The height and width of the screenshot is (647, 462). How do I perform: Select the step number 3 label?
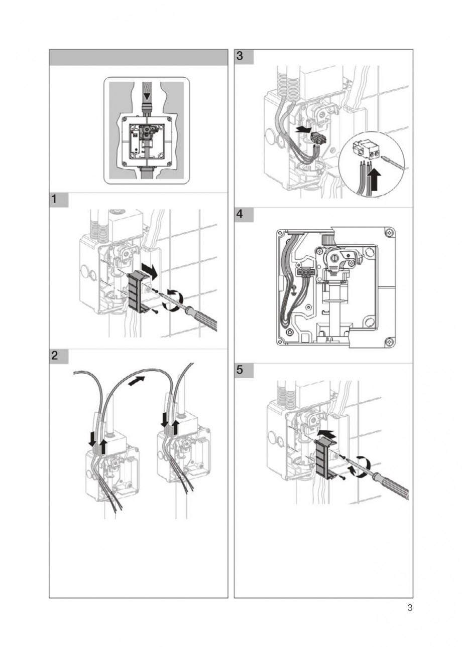point(240,57)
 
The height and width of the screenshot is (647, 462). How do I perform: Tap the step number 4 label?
point(240,215)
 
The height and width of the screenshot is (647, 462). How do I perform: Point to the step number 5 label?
point(240,371)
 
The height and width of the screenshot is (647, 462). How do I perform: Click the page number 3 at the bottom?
point(409,609)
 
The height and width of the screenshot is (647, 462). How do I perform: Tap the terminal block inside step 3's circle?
point(365,149)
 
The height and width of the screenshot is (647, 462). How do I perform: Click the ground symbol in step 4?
point(294,290)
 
